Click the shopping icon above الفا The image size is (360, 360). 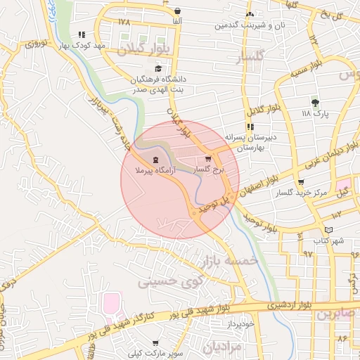(177, 11)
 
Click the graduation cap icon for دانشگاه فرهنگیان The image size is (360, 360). (158, 69)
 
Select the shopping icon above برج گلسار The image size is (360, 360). (207, 160)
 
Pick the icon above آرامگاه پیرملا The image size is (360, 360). (155, 160)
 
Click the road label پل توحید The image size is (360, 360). (212, 206)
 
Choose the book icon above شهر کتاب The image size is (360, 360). (330, 230)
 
